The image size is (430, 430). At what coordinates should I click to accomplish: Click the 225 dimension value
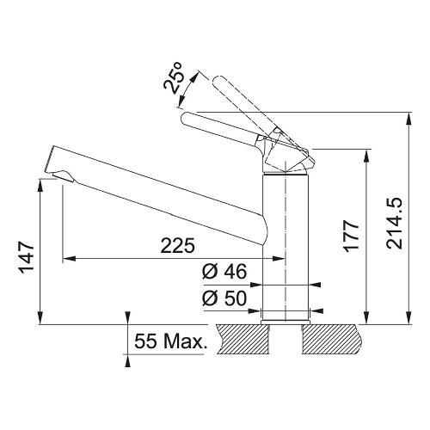(178, 245)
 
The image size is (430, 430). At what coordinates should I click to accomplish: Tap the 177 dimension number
(352, 236)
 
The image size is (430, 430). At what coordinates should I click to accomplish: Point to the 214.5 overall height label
(395, 223)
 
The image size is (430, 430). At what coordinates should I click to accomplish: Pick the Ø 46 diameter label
(224, 272)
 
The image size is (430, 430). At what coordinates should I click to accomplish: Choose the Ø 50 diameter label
(224, 298)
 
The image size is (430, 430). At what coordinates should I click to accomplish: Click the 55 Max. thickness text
(171, 341)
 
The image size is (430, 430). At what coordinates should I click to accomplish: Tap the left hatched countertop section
(243, 339)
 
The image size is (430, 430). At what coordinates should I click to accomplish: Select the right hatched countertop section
(331, 339)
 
